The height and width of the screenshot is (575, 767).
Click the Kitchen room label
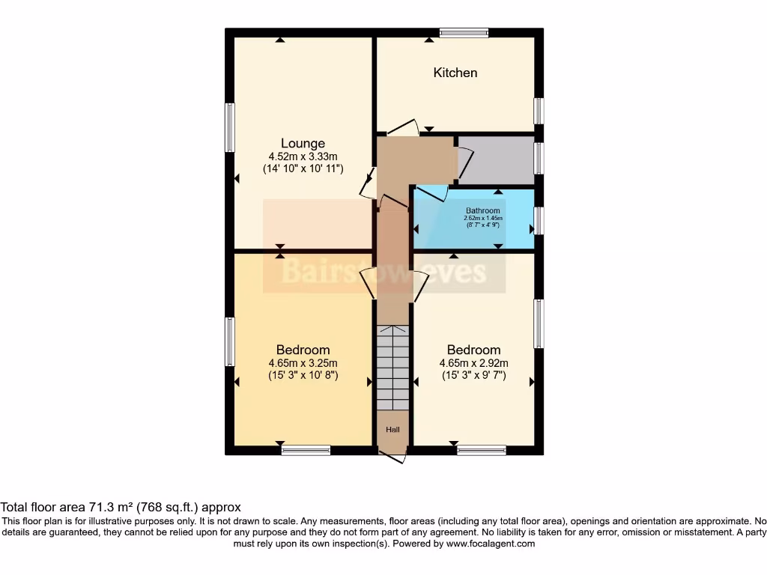pos(455,73)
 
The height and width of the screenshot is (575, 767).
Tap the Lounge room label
pos(303,143)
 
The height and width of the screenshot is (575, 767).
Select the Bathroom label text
pos(482,211)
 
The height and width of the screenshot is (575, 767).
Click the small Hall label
pos(392,430)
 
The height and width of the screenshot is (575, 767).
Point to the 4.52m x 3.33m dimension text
pos(303,156)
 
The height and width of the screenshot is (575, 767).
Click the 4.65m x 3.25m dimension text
pos(303,363)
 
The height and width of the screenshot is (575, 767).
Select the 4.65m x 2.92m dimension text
pos(473,363)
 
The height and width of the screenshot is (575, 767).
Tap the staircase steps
pos(392,368)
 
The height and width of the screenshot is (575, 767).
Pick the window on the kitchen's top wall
pos(464,32)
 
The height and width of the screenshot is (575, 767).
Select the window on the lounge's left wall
pos(230,127)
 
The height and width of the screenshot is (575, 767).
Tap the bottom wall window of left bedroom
pos(306,451)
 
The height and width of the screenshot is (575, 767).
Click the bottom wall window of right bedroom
pos(481,451)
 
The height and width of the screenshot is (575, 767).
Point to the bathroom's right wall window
pos(539,220)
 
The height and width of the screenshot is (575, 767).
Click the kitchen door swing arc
pos(403,127)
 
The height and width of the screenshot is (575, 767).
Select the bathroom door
pos(430,194)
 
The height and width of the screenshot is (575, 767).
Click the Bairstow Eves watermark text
pos(383,272)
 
